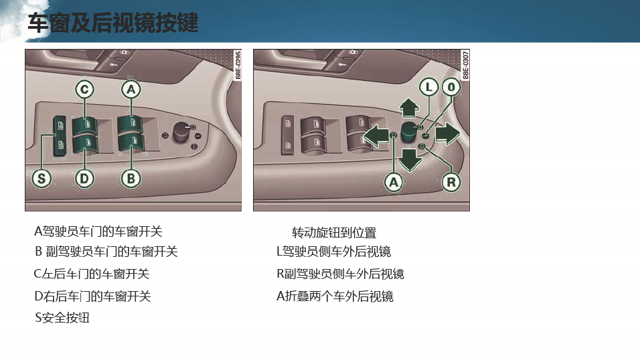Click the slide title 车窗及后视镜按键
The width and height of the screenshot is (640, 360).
click(113, 23)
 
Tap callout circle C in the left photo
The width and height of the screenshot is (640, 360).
click(84, 90)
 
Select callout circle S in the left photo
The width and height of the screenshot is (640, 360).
click(42, 179)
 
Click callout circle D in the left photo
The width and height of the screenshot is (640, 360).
click(84, 179)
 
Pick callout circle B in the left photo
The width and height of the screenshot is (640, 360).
click(131, 179)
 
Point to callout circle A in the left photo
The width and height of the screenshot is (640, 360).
click(131, 90)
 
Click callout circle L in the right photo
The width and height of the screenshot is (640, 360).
click(429, 87)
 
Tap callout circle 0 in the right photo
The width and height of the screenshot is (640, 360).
click(451, 87)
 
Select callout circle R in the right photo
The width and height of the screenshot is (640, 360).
click(451, 182)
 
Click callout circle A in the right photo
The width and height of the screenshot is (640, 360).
click(394, 182)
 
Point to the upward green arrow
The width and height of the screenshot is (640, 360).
click(409, 108)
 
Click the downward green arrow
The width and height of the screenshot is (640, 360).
click(410, 160)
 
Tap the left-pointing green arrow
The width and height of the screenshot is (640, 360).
click(376, 136)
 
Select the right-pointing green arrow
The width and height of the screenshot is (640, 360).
click(448, 133)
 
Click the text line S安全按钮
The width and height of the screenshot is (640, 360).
click(62, 318)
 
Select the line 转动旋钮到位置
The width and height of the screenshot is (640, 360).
click(334, 233)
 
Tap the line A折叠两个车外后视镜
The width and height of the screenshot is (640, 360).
click(335, 296)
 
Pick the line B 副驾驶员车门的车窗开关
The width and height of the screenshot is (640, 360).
click(106, 252)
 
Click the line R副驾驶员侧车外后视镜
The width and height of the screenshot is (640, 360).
click(340, 274)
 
